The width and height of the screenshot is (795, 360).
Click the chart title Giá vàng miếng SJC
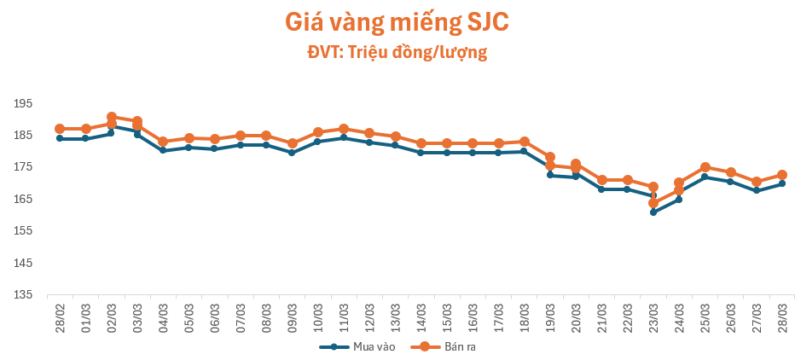(x=397, y=21)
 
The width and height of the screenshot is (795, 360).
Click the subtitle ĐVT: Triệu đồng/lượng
(x=397, y=52)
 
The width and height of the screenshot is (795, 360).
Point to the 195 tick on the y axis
(x=23, y=103)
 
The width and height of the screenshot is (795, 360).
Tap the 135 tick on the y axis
(x=23, y=295)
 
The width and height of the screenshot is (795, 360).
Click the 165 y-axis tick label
(x=23, y=199)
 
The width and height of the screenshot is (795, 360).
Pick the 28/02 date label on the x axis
(x=60, y=317)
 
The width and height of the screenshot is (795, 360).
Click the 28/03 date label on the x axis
(x=782, y=317)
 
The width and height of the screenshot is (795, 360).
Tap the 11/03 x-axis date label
(x=344, y=317)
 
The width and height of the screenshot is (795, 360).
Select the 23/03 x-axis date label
(x=653, y=317)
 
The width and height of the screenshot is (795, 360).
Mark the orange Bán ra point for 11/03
(x=344, y=129)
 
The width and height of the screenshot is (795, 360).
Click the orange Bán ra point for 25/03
(x=705, y=167)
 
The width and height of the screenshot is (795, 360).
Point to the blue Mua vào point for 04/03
(x=163, y=150)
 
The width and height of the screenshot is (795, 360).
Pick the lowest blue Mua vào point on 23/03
(x=653, y=212)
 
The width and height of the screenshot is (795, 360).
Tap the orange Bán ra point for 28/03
(x=782, y=175)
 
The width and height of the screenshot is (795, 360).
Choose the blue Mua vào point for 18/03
(x=525, y=151)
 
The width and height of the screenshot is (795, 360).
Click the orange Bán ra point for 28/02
(x=60, y=129)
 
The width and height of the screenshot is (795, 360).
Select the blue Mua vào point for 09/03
(x=292, y=153)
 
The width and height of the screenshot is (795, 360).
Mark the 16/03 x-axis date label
(x=473, y=317)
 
